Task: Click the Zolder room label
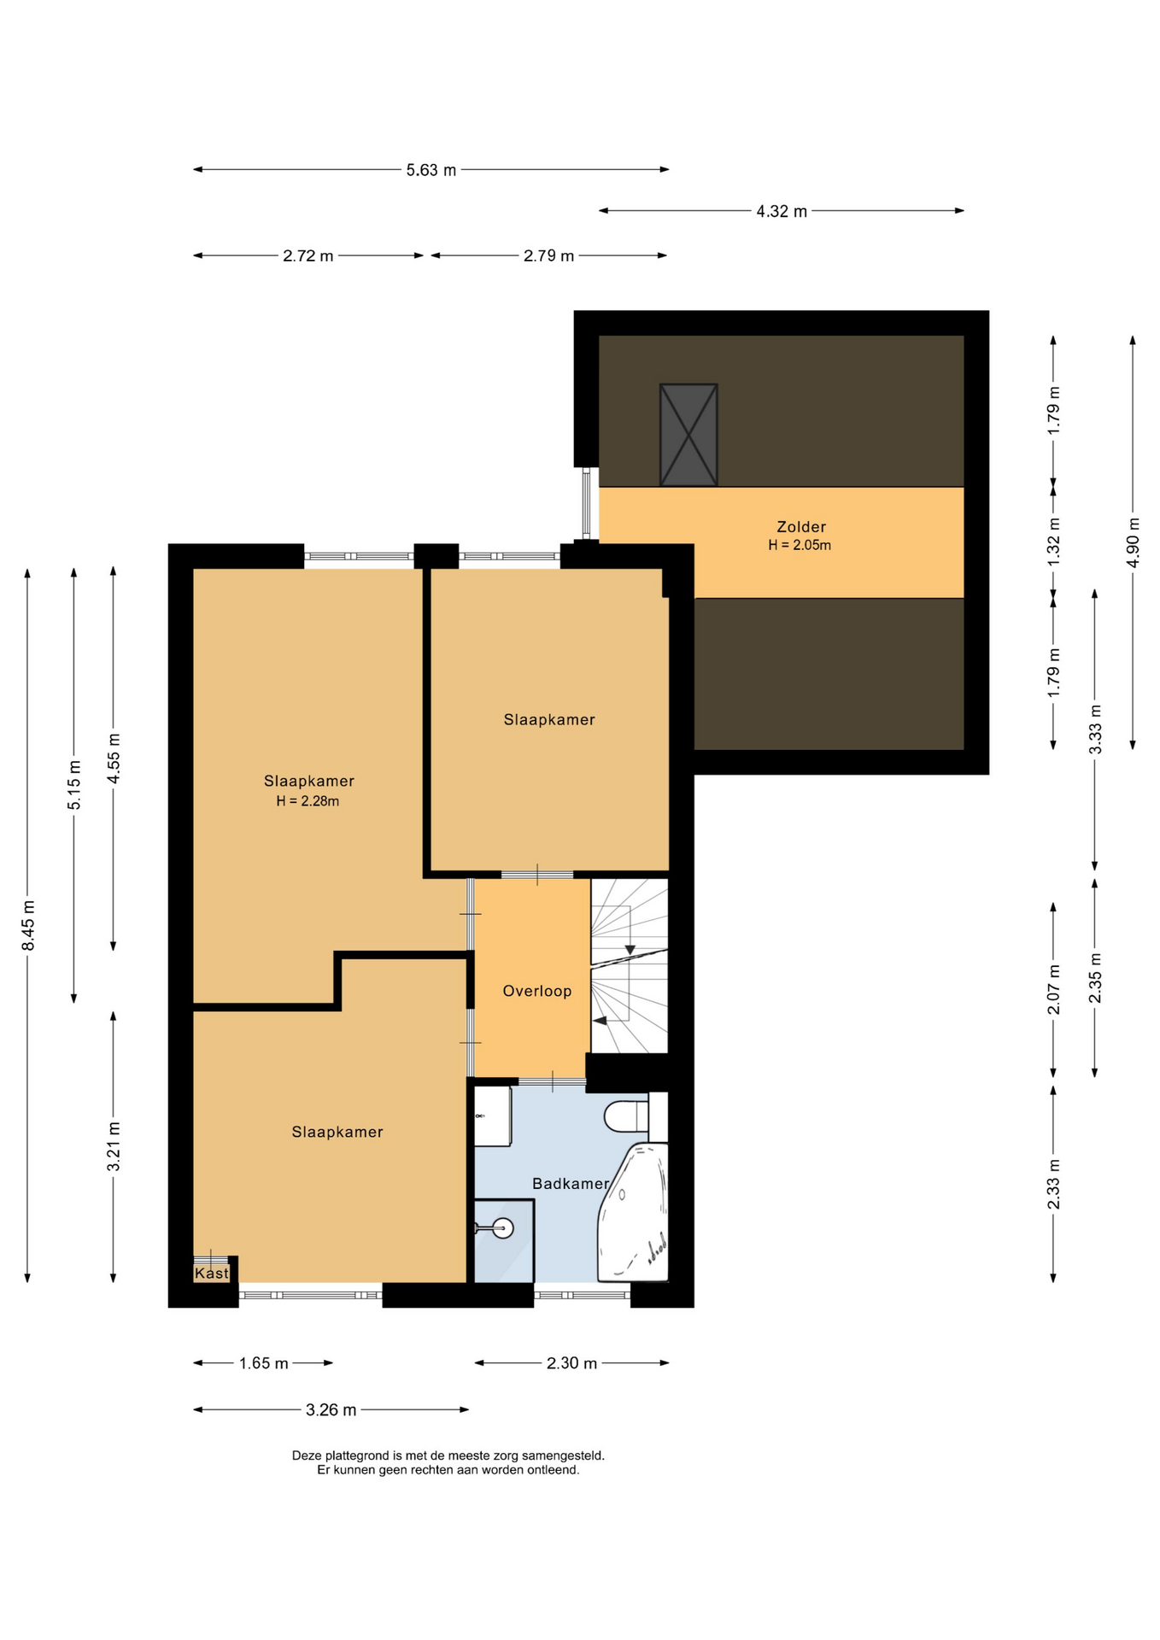click(x=800, y=527)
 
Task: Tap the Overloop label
click(x=536, y=991)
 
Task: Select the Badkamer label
click(x=571, y=1184)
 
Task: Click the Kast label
click(x=212, y=1274)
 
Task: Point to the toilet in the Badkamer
click(x=625, y=1116)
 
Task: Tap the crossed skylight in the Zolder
click(x=688, y=435)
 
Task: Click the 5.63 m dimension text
click(x=431, y=170)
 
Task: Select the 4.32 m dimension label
click(x=782, y=211)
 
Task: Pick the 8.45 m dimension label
click(x=29, y=925)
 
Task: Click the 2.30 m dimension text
click(x=571, y=1363)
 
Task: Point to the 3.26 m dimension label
click(x=331, y=1410)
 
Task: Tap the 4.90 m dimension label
click(x=1134, y=542)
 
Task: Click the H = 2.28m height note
click(x=308, y=801)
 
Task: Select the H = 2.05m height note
click(x=800, y=545)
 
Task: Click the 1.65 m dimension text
click(x=264, y=1363)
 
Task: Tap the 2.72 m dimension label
click(x=308, y=255)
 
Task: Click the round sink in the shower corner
click(x=502, y=1228)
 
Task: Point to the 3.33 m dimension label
click(x=1095, y=729)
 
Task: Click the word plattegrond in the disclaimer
click(x=357, y=1455)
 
